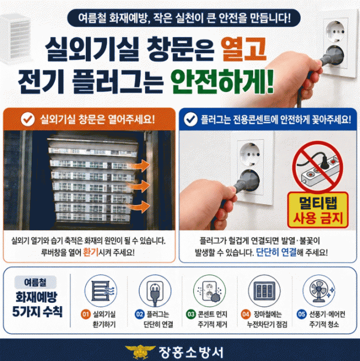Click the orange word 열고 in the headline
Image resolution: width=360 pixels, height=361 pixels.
coord(244,49)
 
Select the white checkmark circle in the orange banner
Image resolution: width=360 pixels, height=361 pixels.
coord(28,119)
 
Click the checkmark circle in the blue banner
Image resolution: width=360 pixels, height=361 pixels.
coord(191,119)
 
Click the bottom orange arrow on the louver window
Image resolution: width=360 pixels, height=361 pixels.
coord(139,206)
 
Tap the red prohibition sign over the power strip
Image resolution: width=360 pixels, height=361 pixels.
coord(318,167)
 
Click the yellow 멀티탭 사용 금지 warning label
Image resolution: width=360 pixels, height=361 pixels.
coord(318,210)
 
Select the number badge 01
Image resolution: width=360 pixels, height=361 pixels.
coord(85,314)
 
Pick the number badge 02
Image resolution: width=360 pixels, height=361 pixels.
coord(140,314)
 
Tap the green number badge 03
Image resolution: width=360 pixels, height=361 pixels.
coord(191,314)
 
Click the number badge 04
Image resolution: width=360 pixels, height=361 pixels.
coord(245,314)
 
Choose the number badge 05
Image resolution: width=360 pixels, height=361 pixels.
coord(302,314)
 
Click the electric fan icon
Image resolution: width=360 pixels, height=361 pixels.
coord(319,291)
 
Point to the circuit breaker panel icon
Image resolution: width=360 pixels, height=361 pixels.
coord(264,291)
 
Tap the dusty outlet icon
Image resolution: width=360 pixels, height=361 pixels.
coord(209,291)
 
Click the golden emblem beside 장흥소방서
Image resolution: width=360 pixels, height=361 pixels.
coord(140,352)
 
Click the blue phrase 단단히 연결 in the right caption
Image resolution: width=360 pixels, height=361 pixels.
coord(276,252)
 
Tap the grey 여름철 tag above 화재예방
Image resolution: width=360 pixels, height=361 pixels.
coord(35,282)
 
